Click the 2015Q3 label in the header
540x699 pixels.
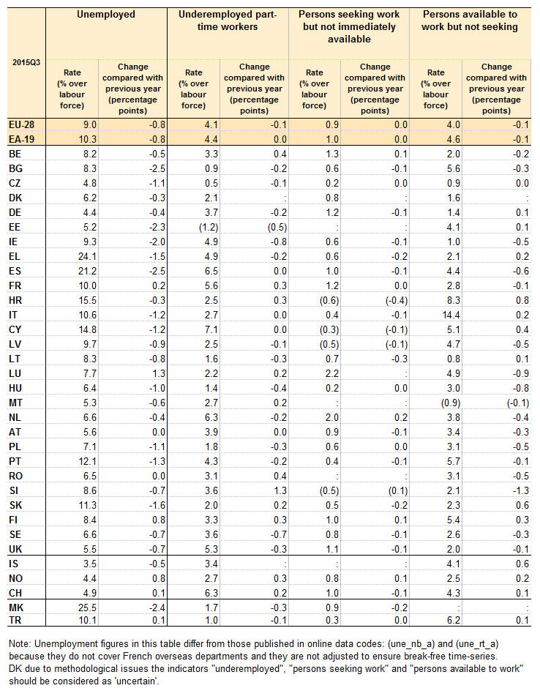[26, 62]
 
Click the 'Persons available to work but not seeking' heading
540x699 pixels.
[470, 20]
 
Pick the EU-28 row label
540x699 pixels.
[20, 125]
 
